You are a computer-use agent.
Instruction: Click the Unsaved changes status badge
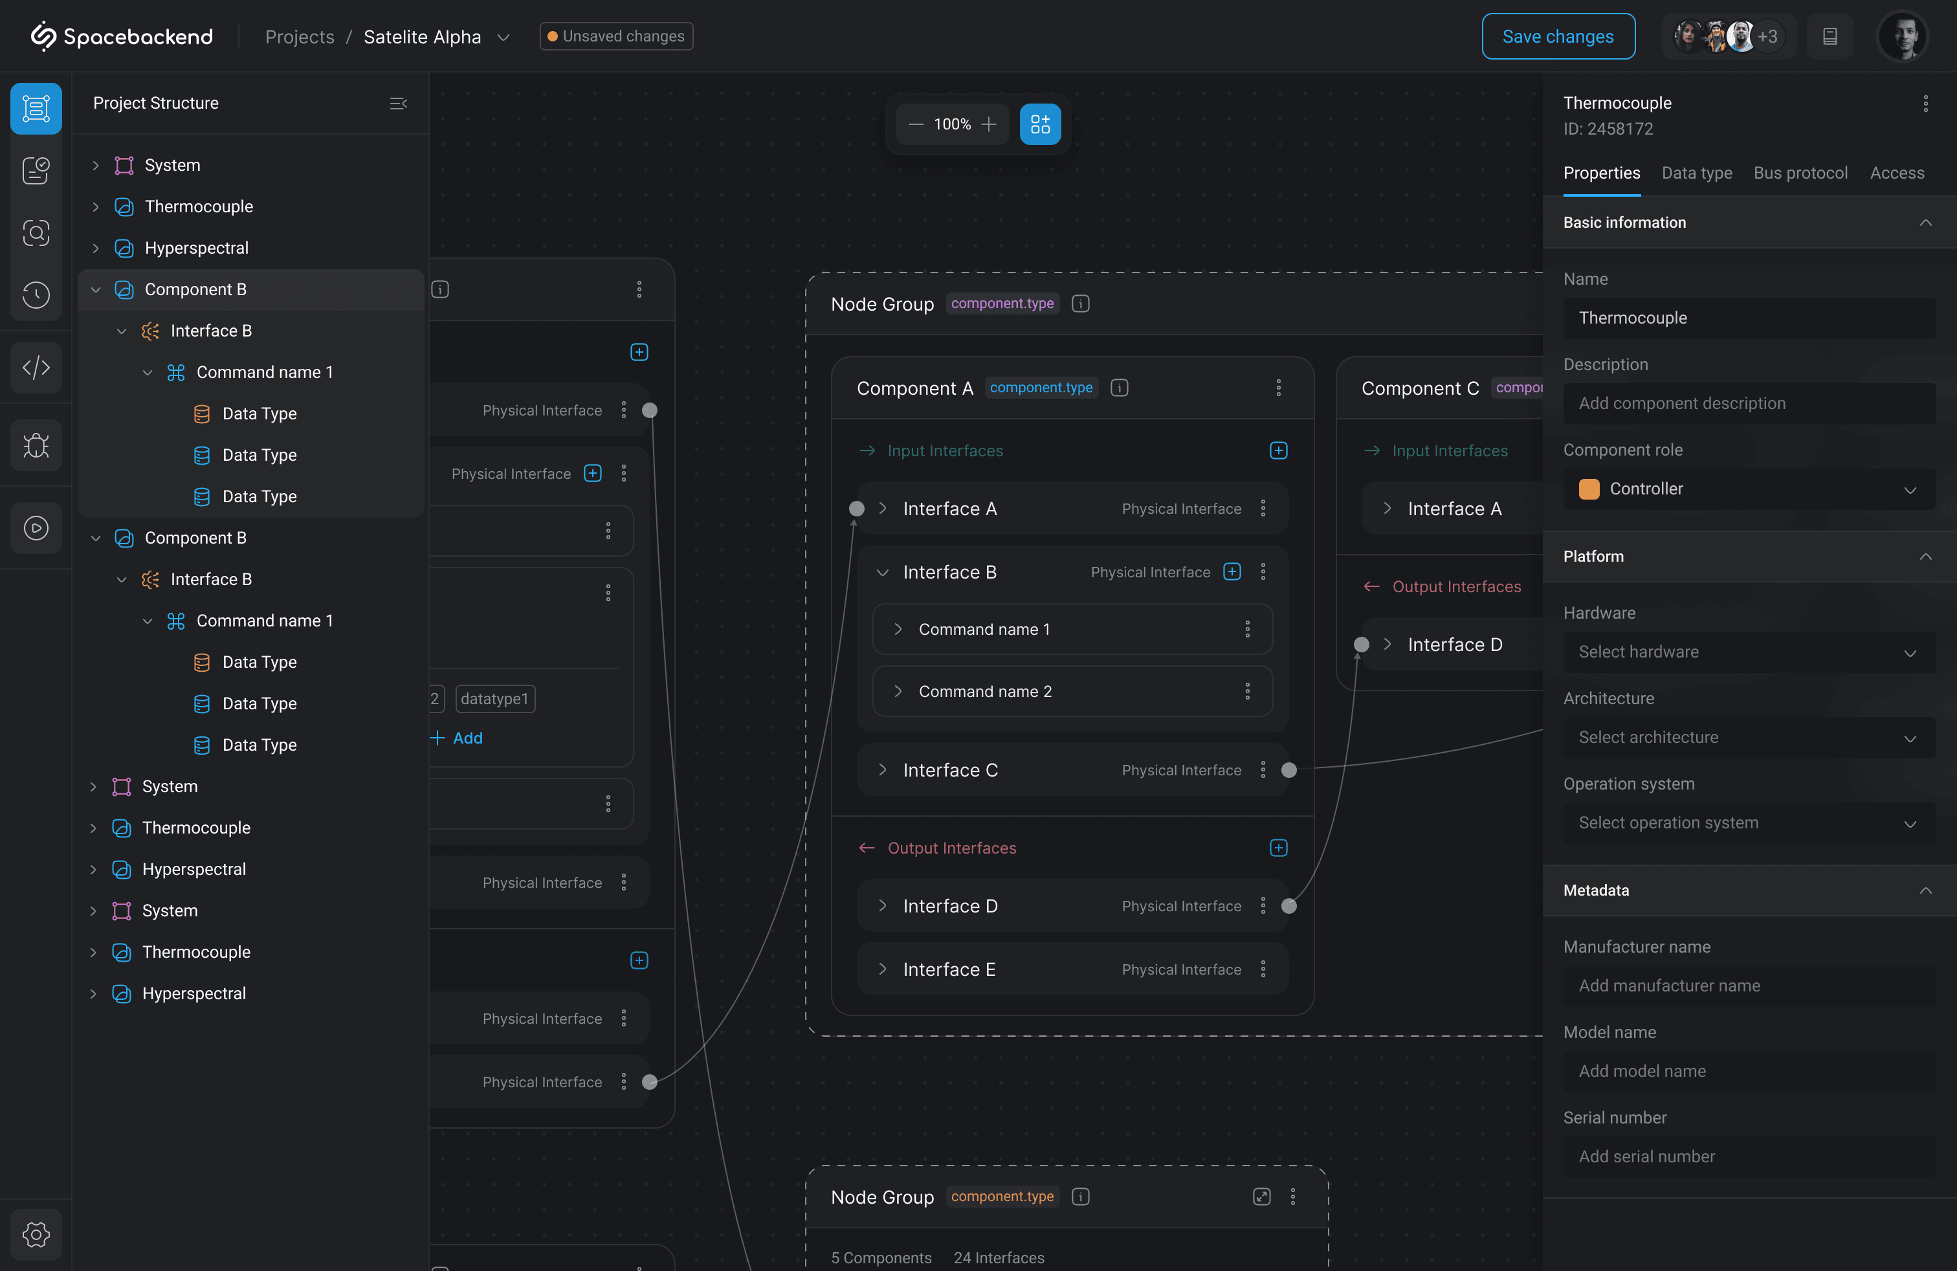(x=616, y=36)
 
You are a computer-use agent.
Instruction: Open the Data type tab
(x=1696, y=173)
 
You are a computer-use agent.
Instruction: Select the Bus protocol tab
(x=1800, y=173)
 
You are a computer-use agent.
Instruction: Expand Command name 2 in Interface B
(x=898, y=691)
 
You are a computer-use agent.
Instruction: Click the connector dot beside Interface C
(x=1288, y=770)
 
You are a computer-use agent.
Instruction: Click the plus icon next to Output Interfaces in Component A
(x=1277, y=848)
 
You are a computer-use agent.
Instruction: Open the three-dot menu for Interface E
(x=1263, y=969)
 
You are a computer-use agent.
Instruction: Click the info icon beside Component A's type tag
(x=1119, y=388)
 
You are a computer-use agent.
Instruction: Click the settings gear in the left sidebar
(x=36, y=1234)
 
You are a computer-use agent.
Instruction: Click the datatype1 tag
(x=494, y=699)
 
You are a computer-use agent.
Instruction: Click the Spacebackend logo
(x=122, y=36)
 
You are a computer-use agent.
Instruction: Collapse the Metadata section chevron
(x=1925, y=890)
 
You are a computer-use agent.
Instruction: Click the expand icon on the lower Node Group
(x=1261, y=1197)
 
